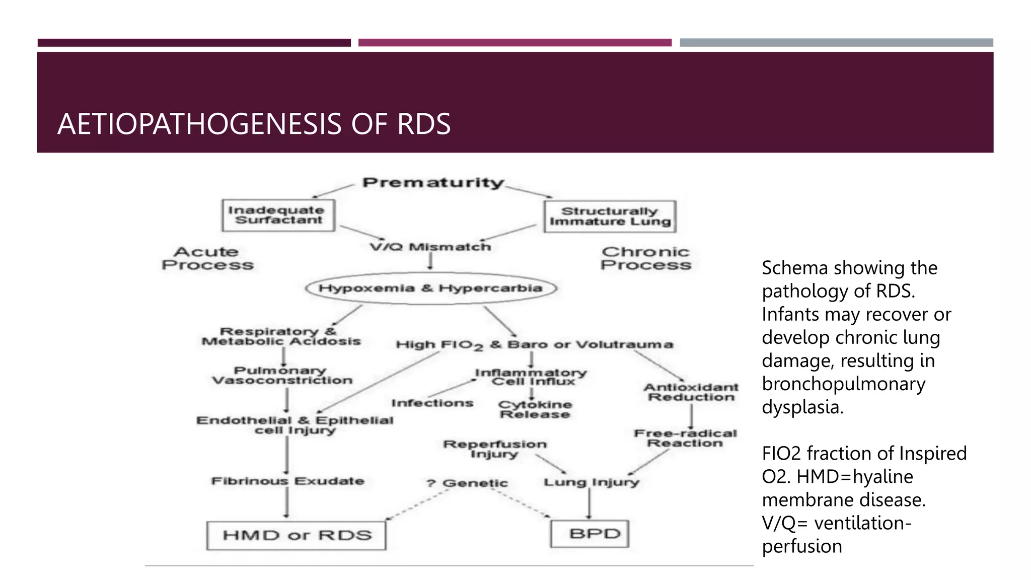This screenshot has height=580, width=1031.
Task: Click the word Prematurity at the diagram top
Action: coord(433,183)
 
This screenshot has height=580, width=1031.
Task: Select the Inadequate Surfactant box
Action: coord(278,215)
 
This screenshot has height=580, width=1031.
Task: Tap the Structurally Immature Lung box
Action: coord(610,216)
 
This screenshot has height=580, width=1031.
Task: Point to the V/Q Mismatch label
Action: coord(430,247)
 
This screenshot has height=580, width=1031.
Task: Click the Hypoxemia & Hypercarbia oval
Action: coord(431,288)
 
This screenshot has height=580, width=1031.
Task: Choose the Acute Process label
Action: coord(207,258)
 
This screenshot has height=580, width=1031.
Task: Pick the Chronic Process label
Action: coord(645,258)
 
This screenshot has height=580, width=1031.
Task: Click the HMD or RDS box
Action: coord(297,535)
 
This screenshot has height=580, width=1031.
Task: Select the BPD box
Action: coord(590,534)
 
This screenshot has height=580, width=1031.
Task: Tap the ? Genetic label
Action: coord(467,483)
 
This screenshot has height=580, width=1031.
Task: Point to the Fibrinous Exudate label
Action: coord(287,481)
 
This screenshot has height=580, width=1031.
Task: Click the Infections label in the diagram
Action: coord(432,403)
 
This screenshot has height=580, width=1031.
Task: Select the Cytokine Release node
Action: coord(535,409)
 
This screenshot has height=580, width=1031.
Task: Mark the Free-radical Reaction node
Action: coord(685,438)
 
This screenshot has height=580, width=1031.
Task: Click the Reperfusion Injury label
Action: coord(494,449)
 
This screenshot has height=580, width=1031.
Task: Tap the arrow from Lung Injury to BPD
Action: coord(589,503)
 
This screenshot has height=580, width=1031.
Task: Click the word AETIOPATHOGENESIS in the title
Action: coord(199,124)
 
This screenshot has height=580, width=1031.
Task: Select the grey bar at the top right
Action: coord(836,43)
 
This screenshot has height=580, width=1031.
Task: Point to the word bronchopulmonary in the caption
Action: coord(843,384)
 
